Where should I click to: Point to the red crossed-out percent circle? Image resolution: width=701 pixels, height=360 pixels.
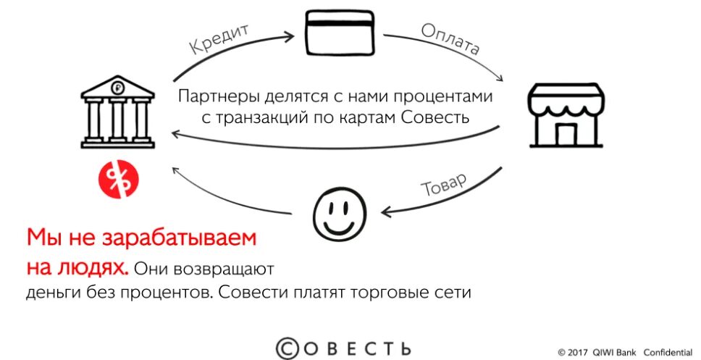(119, 180)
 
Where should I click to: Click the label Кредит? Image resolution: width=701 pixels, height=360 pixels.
(219, 39)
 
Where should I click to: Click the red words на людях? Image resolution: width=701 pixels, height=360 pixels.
(77, 268)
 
